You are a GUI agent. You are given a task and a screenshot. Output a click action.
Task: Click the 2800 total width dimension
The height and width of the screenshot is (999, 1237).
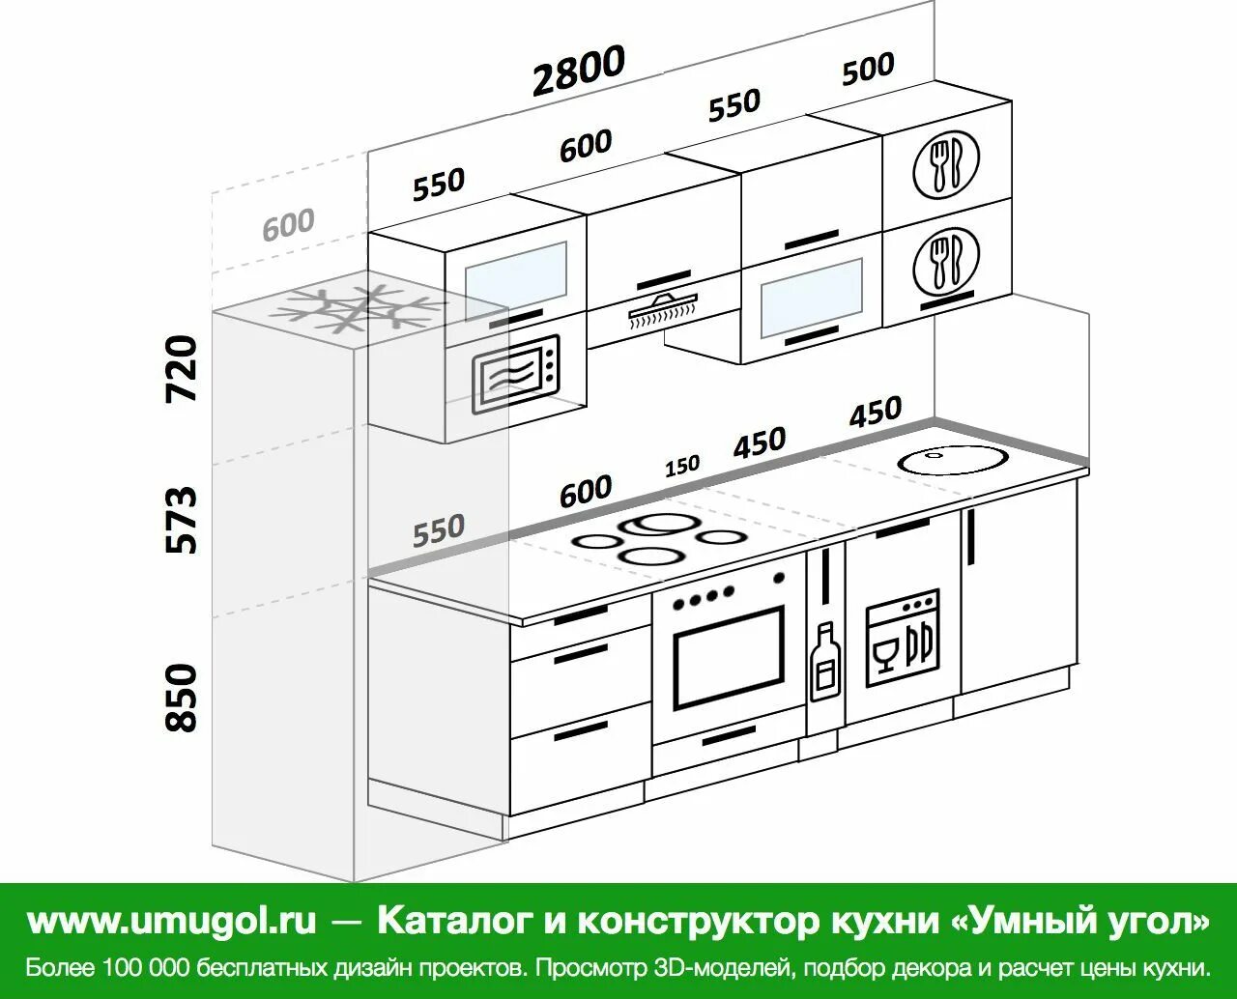coord(578,71)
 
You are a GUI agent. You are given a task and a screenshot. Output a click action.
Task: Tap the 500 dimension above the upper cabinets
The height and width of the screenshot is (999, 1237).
coord(867,69)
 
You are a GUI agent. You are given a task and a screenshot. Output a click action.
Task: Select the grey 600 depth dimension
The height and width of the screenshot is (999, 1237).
coord(288,224)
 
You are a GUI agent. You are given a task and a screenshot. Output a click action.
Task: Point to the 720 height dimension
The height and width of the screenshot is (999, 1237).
coord(182,369)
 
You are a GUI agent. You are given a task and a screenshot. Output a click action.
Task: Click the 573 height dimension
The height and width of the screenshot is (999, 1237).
coord(182,520)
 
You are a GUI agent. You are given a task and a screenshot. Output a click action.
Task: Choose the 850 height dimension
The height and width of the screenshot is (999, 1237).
coord(182,697)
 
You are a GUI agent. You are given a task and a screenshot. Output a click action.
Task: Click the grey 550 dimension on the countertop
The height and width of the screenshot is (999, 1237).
coord(439,529)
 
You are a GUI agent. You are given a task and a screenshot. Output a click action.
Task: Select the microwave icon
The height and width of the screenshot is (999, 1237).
coord(516,373)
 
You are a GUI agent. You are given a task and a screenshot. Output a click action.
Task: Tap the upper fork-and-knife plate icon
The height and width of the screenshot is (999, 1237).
coord(945,162)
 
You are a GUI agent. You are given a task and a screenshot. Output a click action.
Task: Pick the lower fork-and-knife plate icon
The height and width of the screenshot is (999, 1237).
coord(945,259)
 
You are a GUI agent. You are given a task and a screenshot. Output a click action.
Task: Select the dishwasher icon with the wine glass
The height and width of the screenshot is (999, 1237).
coord(901,638)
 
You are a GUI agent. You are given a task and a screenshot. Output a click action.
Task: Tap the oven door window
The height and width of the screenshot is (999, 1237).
coord(729,657)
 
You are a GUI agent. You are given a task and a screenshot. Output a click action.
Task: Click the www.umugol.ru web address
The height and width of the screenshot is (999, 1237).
coord(172,921)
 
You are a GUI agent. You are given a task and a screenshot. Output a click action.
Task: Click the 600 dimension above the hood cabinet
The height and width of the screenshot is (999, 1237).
coord(586,146)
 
